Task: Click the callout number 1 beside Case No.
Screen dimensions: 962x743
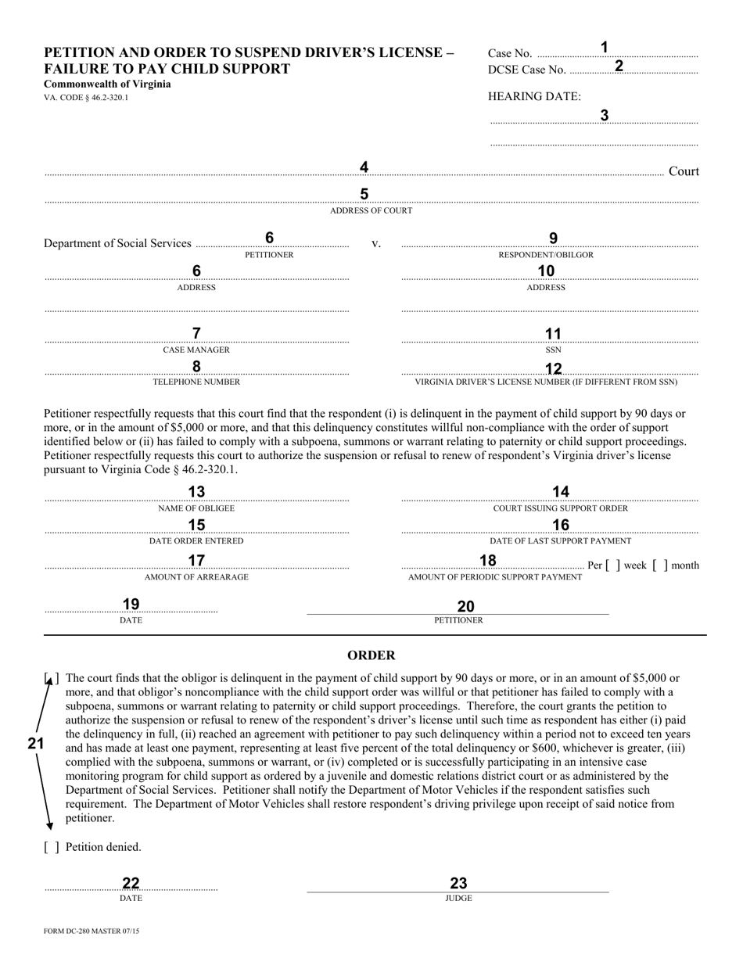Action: click(x=604, y=47)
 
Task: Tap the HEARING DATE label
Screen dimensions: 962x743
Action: click(x=534, y=96)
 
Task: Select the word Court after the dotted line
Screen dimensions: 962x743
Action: click(x=684, y=171)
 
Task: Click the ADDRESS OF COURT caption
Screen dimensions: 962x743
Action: click(x=371, y=210)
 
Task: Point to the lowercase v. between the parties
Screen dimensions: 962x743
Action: click(x=375, y=244)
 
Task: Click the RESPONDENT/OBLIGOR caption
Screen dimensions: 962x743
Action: click(x=546, y=255)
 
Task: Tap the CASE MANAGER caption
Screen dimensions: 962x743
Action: click(x=196, y=350)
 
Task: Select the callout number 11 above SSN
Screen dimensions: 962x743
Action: click(x=553, y=334)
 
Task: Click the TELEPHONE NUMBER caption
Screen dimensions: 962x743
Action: click(x=196, y=382)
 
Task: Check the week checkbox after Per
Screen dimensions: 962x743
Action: click(x=613, y=565)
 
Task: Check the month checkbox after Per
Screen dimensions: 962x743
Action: click(x=660, y=565)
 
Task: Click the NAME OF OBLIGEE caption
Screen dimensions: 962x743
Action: click(x=196, y=508)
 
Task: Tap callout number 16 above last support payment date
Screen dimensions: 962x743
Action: click(x=561, y=525)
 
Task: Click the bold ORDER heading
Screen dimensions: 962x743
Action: click(x=371, y=655)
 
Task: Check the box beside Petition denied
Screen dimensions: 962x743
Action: click(x=51, y=847)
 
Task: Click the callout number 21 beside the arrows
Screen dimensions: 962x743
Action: click(x=36, y=744)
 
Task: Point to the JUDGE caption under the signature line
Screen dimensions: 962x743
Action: click(x=458, y=898)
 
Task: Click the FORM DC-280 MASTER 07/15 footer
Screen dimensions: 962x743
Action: click(x=92, y=931)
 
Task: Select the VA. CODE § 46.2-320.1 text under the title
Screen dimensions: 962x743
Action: click(x=86, y=98)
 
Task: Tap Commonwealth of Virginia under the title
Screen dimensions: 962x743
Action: click(x=107, y=84)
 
